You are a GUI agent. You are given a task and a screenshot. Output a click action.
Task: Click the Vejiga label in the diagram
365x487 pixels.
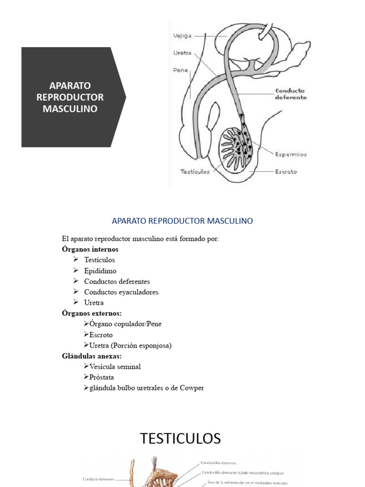tap(183, 35)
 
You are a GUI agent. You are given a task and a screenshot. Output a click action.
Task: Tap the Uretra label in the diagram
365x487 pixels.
tap(182, 53)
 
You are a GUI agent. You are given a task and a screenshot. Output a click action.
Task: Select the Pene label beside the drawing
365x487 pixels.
tap(181, 70)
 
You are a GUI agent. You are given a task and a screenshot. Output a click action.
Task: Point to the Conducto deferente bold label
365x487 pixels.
tap(290, 94)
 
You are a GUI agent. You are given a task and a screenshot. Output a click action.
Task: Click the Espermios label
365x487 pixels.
tap(291, 154)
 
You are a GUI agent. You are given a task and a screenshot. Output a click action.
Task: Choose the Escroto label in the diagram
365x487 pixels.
tap(286, 172)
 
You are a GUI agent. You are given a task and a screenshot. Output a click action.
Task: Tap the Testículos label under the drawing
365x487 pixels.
tap(195, 172)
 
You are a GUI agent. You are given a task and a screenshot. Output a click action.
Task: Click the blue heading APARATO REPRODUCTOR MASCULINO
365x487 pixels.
tap(182, 221)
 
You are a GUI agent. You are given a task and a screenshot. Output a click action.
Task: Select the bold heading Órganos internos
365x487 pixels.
tap(90, 249)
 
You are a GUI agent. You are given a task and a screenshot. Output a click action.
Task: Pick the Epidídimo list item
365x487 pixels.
tap(100, 271)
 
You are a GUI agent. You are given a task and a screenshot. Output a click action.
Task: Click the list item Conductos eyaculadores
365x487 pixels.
tap(121, 292)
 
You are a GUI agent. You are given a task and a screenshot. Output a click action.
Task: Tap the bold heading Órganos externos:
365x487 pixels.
tap(92, 313)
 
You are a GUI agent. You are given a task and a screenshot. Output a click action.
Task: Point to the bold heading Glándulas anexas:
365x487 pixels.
tap(92, 356)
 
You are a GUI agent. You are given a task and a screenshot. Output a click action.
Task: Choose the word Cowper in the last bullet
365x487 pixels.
tap(192, 388)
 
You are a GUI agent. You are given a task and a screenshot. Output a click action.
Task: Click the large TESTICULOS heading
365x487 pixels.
tap(181, 438)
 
